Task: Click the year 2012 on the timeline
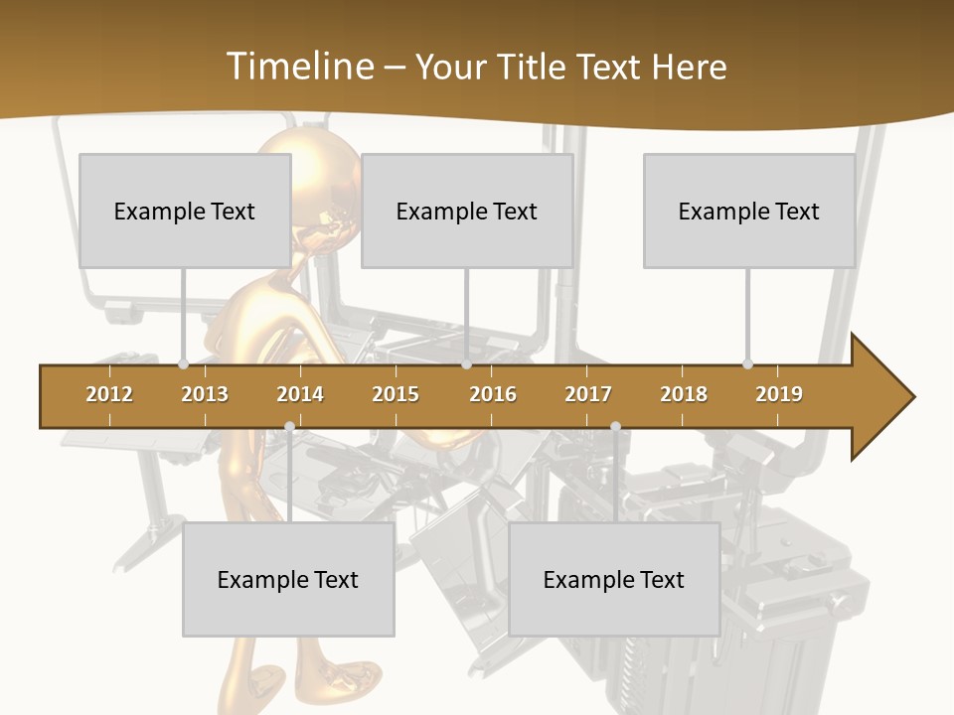[x=109, y=394]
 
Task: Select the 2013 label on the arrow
[x=205, y=394]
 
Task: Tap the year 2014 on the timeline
[x=300, y=394]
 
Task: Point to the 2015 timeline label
[x=396, y=394]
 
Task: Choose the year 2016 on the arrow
[x=493, y=394]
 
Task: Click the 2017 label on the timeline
[x=588, y=394]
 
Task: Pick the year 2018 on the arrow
[x=684, y=394]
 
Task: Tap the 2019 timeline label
[x=779, y=394]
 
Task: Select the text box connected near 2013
[x=185, y=211]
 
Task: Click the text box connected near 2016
[x=467, y=211]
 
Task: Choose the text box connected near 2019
[x=749, y=211]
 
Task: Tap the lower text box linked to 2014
[x=288, y=579]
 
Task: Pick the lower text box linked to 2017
[x=614, y=579]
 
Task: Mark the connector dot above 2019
[x=747, y=363]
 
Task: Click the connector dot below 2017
[x=615, y=427]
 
